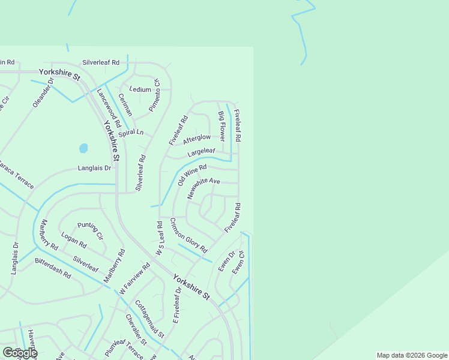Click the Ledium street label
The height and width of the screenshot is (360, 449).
pos(140,89)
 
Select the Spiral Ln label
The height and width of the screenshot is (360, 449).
pos(131,133)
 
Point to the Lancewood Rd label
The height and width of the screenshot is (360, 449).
pos(109,107)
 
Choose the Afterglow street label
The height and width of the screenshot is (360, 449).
pos(197,139)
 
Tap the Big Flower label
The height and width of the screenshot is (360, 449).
pos(221,126)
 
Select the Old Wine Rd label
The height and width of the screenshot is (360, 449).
pos(191,175)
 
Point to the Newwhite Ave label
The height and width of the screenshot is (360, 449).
pos(203,188)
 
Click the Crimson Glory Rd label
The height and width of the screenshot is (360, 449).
pos(188,235)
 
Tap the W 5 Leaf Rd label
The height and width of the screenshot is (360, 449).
pos(159,239)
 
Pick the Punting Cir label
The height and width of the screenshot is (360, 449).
pos(91,227)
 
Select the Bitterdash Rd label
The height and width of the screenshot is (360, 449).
pos(53,268)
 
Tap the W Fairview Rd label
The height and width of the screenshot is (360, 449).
pos(134,278)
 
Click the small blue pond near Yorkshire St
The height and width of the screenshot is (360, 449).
pos(83,148)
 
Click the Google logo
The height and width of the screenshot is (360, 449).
pos(20,353)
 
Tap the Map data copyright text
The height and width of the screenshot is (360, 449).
pos(412,355)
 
